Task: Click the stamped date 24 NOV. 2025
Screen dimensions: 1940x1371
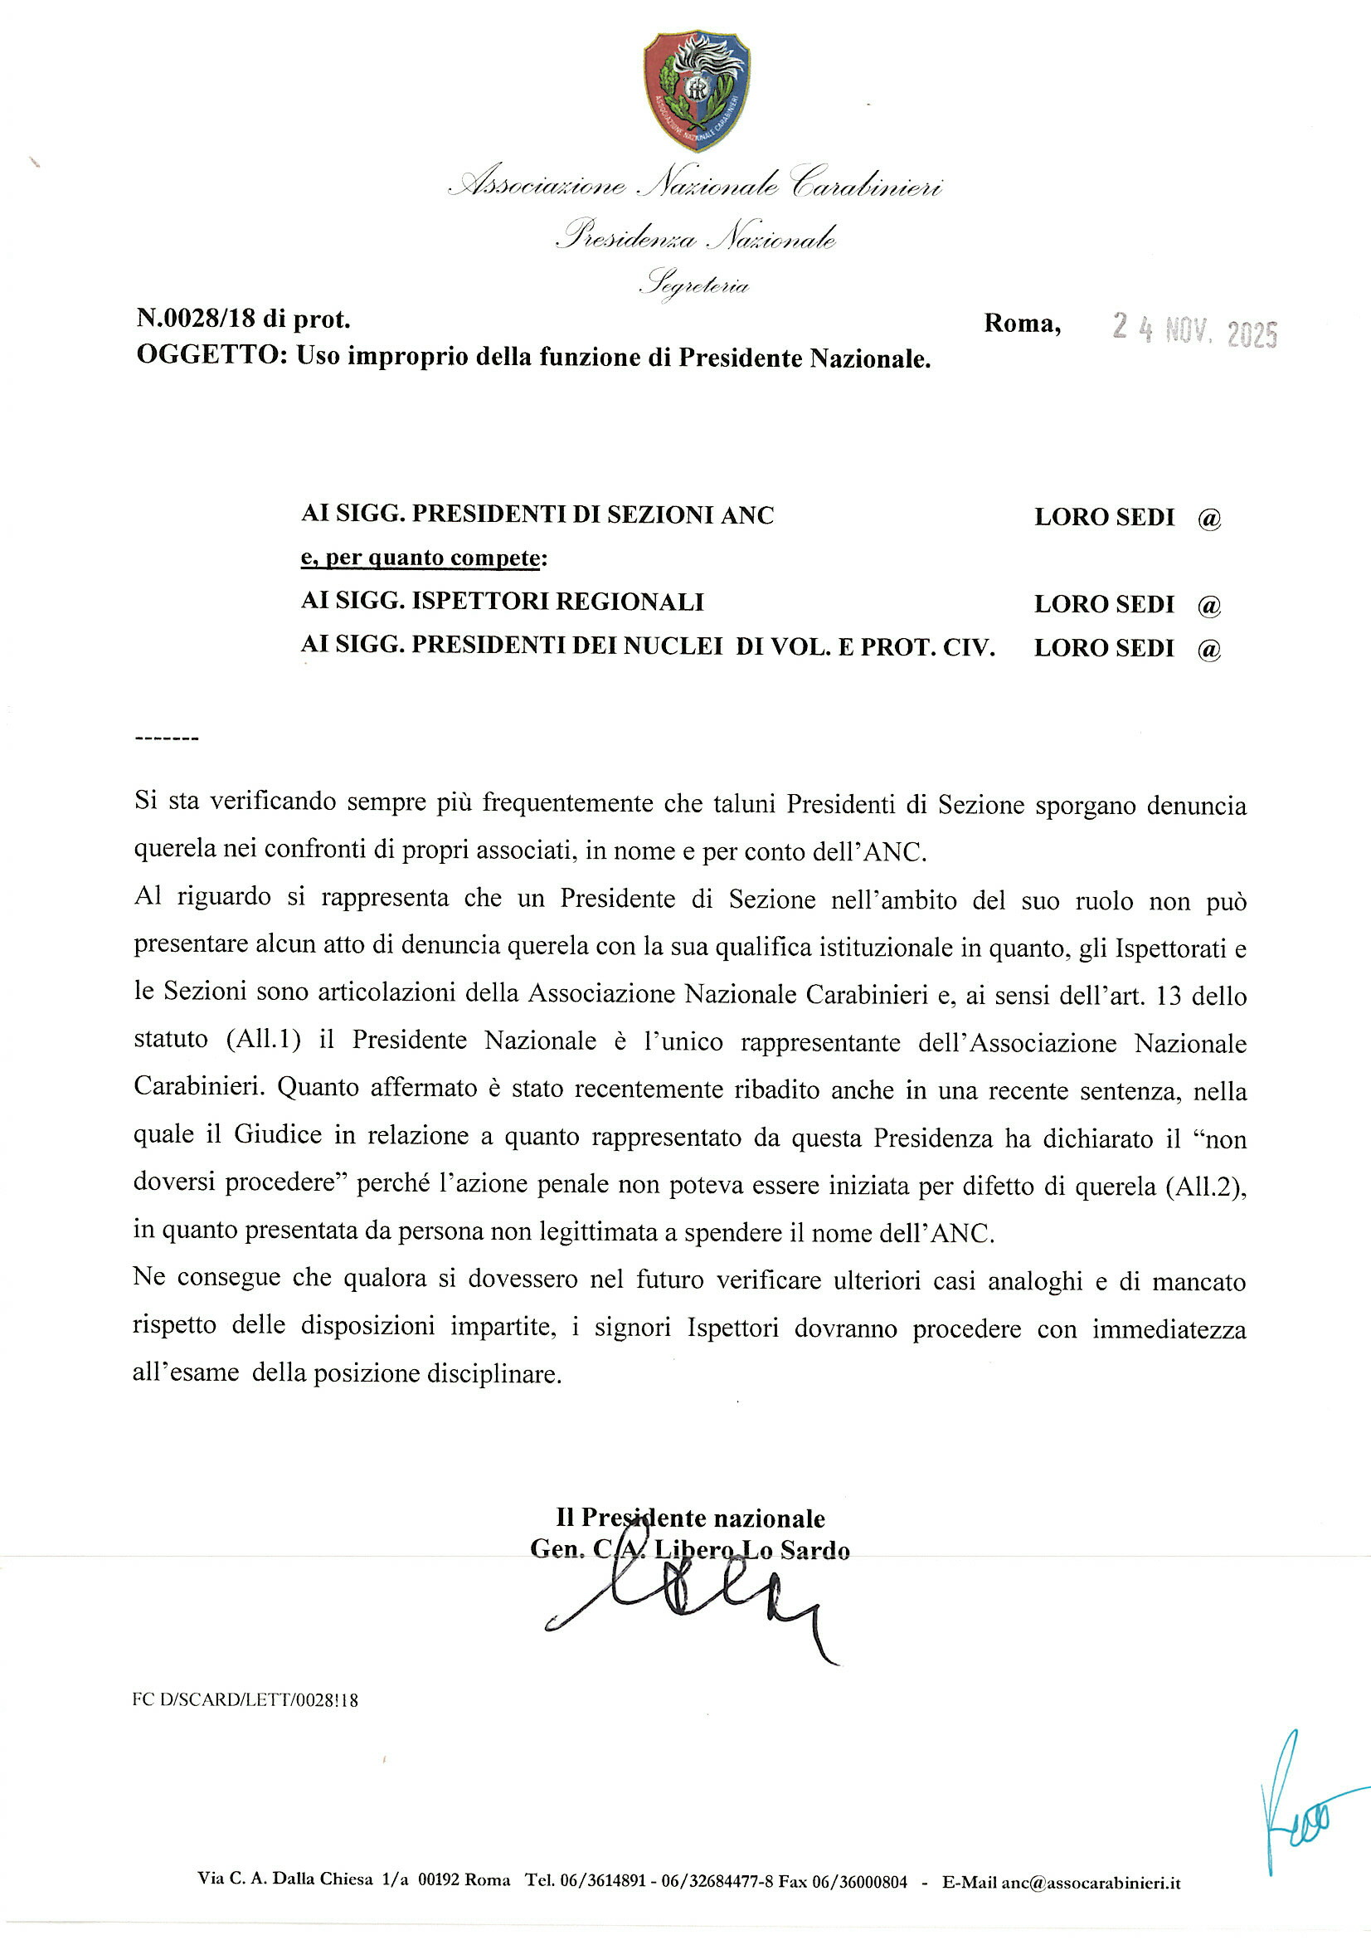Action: coord(1194,330)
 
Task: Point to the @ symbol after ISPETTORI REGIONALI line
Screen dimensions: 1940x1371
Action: coord(1208,605)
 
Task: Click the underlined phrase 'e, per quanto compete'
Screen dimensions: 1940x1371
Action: coord(421,558)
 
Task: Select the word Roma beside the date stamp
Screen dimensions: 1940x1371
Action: coord(1021,323)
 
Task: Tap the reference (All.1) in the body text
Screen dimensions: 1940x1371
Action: coord(264,1039)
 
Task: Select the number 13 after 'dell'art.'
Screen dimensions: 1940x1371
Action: coord(1169,996)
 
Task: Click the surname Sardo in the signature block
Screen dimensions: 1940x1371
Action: coord(814,1551)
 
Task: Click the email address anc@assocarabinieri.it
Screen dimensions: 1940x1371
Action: coord(1090,1882)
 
